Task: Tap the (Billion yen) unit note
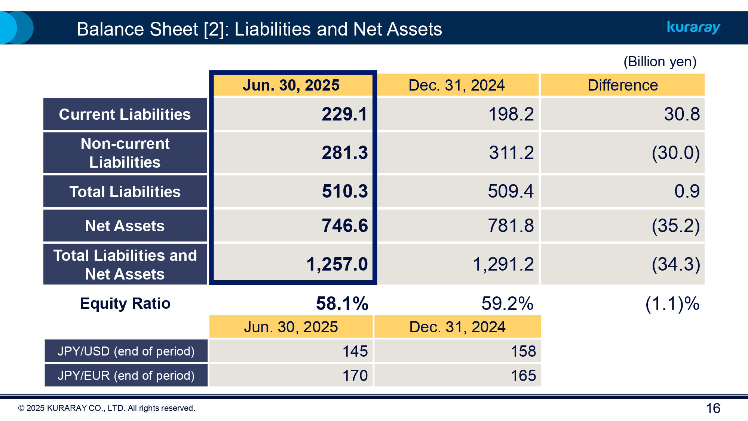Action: click(x=660, y=62)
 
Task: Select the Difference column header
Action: click(x=622, y=85)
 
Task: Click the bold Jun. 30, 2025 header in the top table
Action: click(x=291, y=85)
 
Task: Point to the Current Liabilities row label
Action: click(x=125, y=115)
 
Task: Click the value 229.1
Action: click(x=344, y=115)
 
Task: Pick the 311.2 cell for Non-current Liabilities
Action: click(x=511, y=153)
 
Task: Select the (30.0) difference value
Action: click(x=675, y=153)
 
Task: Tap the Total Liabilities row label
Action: click(x=125, y=192)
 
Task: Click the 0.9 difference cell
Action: click(x=686, y=192)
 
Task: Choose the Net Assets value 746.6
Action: click(x=344, y=226)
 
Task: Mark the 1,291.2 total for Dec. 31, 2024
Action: click(x=503, y=265)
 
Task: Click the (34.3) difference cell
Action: click(x=675, y=265)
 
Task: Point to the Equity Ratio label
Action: click(x=125, y=303)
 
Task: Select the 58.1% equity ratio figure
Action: click(x=342, y=303)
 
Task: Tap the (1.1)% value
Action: click(x=672, y=303)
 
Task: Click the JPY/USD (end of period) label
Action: click(x=126, y=351)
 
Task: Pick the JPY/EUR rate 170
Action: click(x=355, y=376)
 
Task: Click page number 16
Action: click(x=713, y=408)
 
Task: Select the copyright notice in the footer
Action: click(x=107, y=408)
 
